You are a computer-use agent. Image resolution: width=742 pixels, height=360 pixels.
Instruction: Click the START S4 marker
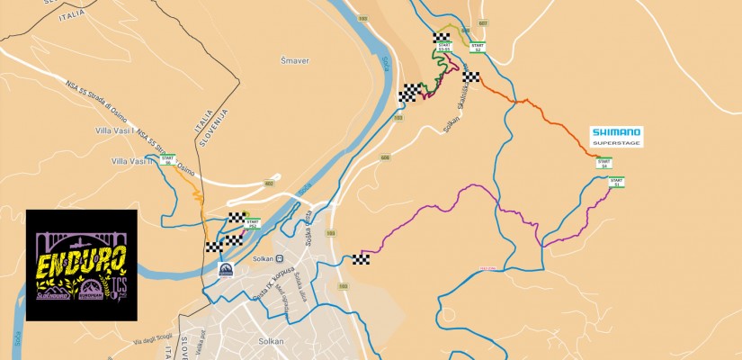(604, 164)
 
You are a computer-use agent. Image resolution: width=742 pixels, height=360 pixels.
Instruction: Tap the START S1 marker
(616, 182)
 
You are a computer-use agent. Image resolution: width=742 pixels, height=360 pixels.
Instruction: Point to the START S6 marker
(167, 162)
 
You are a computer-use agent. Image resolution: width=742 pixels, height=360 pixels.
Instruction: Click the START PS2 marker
(252, 223)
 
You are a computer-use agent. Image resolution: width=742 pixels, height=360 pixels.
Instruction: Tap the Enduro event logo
(81, 265)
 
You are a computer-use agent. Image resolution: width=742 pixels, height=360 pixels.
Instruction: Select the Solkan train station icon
(280, 258)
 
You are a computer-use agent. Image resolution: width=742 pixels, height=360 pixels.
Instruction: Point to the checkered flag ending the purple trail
(362, 260)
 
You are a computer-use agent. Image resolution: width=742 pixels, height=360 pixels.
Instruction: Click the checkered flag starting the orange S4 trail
(471, 77)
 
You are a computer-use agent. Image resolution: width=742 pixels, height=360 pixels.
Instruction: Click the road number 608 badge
(385, 157)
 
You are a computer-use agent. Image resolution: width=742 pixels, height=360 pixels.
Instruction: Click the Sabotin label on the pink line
(514, 268)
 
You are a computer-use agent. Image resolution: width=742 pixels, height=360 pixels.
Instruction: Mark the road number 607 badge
(483, 23)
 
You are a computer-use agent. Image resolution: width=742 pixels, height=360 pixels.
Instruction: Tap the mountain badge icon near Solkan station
(226, 269)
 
